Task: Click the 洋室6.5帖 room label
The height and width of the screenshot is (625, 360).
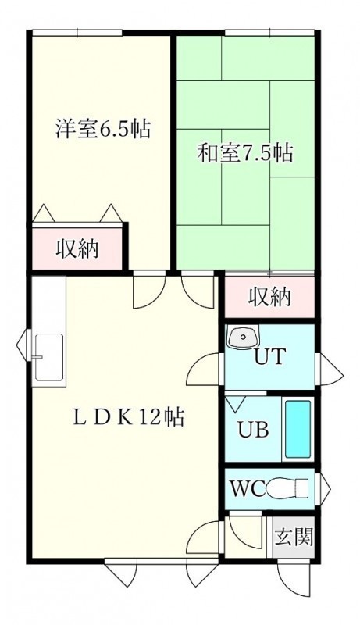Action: click(x=103, y=129)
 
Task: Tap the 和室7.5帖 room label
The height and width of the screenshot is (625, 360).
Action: click(x=246, y=152)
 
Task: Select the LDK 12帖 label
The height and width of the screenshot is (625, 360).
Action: click(x=128, y=418)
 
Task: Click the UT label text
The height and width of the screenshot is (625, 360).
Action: click(x=270, y=356)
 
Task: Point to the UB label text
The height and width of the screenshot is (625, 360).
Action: click(x=253, y=430)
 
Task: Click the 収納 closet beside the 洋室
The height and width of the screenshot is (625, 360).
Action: click(x=77, y=249)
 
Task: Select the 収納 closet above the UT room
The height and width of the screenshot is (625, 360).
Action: click(x=270, y=297)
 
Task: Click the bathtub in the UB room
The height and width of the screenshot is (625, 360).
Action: click(x=298, y=429)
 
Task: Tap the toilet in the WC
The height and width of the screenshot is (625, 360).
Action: click(x=287, y=488)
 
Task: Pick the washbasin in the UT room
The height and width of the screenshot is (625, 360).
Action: click(x=242, y=337)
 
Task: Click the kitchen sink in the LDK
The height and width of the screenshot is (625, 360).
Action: click(x=49, y=357)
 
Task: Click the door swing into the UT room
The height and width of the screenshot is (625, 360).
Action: click(x=203, y=370)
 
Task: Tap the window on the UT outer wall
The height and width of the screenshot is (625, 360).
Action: click(x=330, y=370)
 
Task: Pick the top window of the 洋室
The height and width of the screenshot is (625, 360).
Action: click(x=77, y=33)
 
